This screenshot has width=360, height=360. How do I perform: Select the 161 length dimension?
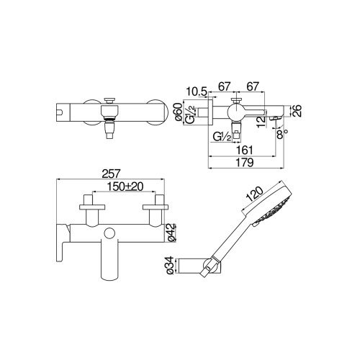(x=244, y=149)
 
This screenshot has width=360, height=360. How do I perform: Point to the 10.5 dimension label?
(x=196, y=90)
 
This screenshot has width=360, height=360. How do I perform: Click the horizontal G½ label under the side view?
(x=220, y=135)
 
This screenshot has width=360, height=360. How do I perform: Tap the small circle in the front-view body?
(x=109, y=233)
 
